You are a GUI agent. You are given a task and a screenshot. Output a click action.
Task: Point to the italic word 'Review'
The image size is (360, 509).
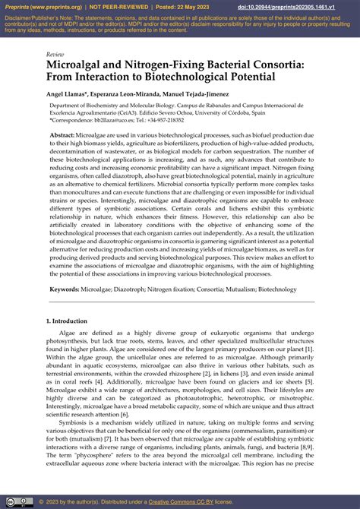[55, 55]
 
